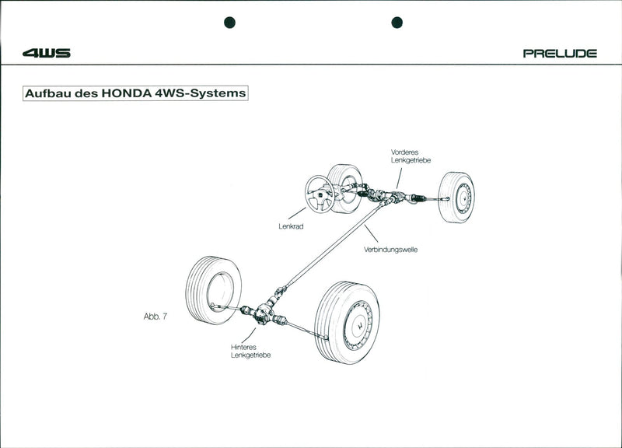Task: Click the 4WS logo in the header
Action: click(x=47, y=53)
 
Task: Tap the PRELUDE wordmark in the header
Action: click(x=560, y=54)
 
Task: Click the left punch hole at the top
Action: click(x=229, y=22)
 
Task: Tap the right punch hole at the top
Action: click(x=397, y=22)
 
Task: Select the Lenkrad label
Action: click(x=291, y=226)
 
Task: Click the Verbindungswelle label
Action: click(x=390, y=250)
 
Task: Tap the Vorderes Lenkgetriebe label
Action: click(x=411, y=156)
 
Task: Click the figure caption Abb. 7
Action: click(x=155, y=317)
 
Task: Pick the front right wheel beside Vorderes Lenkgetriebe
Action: click(x=456, y=198)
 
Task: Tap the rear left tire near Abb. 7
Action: click(x=213, y=290)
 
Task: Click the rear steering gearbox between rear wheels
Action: click(x=262, y=314)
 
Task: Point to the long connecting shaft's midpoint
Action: click(x=330, y=251)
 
